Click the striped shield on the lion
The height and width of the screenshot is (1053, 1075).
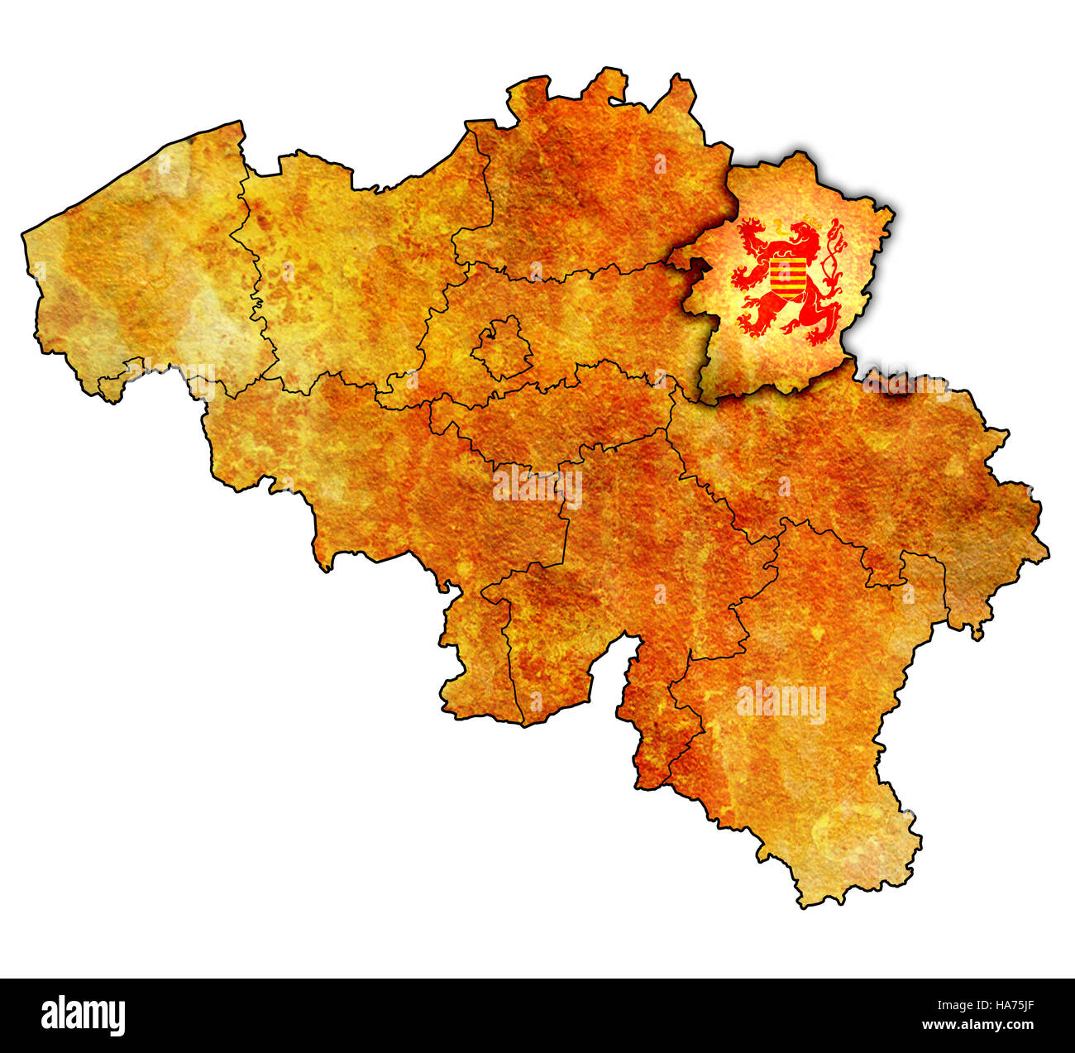point(787,278)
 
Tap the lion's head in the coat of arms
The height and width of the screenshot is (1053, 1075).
point(800,237)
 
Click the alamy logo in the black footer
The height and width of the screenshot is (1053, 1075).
point(84,1015)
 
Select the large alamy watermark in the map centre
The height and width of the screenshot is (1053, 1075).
point(537,486)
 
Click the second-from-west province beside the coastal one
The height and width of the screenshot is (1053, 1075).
point(347,265)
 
